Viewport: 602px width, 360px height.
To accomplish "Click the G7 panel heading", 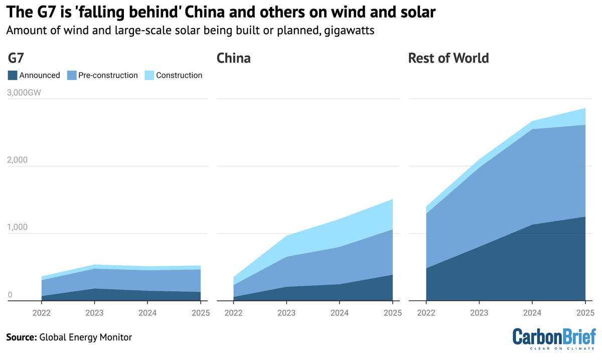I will click(17, 59).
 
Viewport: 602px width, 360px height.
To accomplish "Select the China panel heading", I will click(233, 59).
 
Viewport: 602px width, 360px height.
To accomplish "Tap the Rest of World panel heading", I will click(448, 59).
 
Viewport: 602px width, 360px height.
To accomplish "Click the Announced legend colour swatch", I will click(12, 75).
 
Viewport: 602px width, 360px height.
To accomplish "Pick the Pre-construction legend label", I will click(108, 75).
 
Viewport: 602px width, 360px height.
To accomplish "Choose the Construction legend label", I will click(179, 75).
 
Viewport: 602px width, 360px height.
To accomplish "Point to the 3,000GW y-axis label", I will click(24, 93).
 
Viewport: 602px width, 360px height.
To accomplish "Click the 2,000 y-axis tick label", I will click(18, 160).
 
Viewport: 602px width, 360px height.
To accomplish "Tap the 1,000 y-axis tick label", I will click(18, 227).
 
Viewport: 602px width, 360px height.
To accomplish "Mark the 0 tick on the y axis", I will click(10, 295).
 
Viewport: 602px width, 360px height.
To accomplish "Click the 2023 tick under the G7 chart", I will click(94, 313).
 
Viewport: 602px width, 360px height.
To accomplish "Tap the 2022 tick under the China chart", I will click(233, 313).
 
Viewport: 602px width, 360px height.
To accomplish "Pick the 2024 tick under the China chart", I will click(339, 313).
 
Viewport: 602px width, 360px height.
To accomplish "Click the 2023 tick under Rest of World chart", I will click(479, 313).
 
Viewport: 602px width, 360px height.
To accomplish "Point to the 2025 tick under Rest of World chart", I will click(584, 313).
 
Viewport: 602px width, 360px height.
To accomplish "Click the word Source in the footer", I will click(21, 337).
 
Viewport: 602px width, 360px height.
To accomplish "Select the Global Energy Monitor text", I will click(85, 337).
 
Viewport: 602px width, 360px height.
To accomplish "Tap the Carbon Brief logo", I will click(554, 338).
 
